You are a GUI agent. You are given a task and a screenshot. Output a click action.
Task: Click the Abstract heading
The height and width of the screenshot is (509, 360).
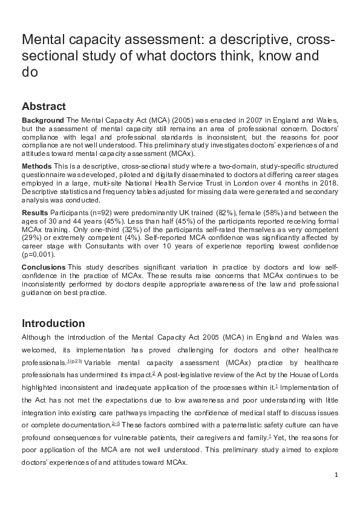tap(44, 106)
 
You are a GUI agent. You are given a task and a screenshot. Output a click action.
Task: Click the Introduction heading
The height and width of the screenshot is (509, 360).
tap(53, 323)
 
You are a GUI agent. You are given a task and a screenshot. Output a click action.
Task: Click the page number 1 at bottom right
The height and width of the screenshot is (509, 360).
tap(336, 475)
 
